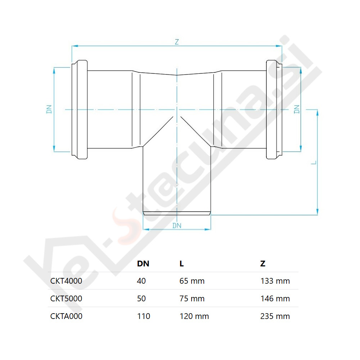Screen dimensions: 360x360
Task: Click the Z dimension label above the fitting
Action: tap(176, 42)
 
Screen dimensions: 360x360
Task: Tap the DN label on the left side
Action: tap(49, 109)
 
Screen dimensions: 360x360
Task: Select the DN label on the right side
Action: tap(297, 109)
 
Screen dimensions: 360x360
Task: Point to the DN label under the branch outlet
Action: tap(177, 226)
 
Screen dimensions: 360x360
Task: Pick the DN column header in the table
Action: tap(143, 264)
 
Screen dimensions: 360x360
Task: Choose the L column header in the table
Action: tap(181, 264)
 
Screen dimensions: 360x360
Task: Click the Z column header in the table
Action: tap(263, 264)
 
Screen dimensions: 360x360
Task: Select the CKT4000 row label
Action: tap(66, 281)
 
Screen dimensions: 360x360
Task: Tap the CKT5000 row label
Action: tap(66, 299)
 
